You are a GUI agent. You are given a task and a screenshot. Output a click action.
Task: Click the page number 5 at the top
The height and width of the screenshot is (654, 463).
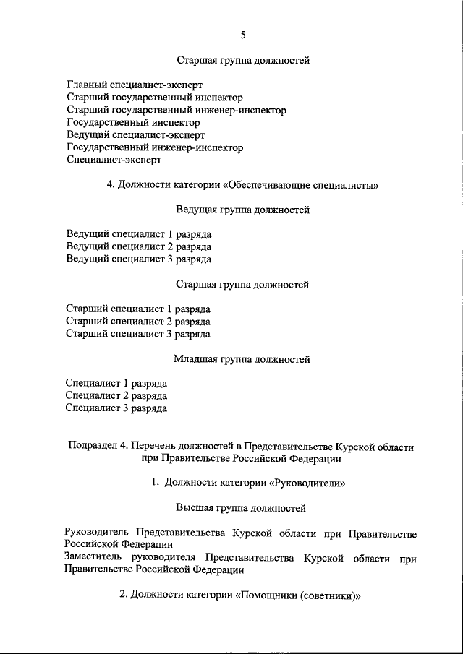click(242, 35)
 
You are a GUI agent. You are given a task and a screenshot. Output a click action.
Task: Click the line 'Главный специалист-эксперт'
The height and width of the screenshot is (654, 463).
click(135, 85)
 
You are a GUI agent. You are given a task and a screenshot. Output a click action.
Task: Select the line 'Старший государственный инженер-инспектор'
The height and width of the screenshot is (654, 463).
click(176, 110)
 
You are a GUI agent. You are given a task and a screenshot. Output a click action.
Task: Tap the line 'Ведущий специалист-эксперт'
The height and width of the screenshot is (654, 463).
click(135, 135)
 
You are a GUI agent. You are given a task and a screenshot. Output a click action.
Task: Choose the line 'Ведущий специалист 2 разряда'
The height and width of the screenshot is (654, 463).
click(138, 246)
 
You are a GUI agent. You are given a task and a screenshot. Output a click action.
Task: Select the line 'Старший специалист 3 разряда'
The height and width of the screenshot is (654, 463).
click(137, 334)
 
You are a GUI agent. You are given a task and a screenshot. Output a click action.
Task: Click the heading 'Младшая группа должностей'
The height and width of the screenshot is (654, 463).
click(242, 358)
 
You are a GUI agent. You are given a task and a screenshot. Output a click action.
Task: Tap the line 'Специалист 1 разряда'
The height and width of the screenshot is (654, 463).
click(116, 383)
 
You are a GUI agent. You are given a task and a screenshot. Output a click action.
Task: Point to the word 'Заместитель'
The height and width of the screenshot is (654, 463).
click(93, 558)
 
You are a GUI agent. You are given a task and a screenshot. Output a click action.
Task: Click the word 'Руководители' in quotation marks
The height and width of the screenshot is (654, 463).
click(305, 482)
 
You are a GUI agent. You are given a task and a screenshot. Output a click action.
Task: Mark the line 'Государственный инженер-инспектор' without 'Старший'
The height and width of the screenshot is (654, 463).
click(154, 147)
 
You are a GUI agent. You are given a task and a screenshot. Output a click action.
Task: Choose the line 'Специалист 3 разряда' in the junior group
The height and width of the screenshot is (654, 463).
click(116, 408)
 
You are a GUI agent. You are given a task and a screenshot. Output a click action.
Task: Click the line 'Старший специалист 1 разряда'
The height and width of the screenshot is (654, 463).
click(137, 309)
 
